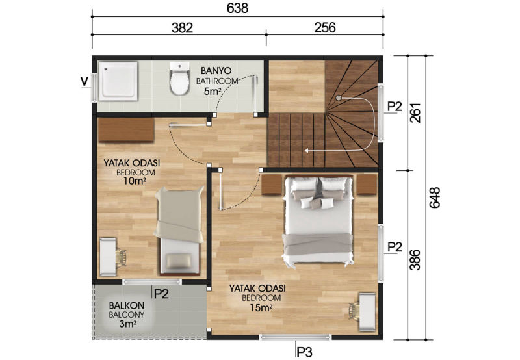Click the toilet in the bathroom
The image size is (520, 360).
(x=179, y=79)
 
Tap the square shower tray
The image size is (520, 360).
(x=120, y=81)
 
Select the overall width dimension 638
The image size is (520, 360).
(x=237, y=8)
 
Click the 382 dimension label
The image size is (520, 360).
(x=182, y=28)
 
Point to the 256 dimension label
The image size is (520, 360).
(x=324, y=28)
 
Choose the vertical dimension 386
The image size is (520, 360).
(x=415, y=260)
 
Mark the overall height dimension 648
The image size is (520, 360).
(x=434, y=198)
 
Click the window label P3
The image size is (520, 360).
(x=304, y=352)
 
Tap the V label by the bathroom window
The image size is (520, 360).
(x=85, y=81)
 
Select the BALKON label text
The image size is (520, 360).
(x=126, y=305)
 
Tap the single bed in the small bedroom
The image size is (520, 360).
(x=180, y=231)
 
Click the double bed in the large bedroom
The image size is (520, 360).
(x=317, y=220)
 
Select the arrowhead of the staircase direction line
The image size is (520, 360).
(x=307, y=151)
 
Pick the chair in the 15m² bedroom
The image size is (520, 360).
(x=354, y=312)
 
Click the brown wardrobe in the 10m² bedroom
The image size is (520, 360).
(x=126, y=130)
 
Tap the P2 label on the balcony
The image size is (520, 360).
(x=162, y=294)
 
